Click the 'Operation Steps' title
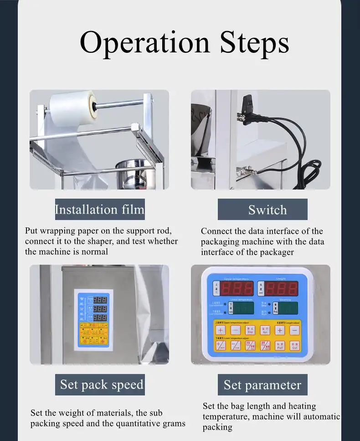click(184, 43)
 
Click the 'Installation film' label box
click(100, 210)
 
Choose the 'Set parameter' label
click(262, 385)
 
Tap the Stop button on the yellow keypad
click(250, 330)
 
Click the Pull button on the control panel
click(280, 346)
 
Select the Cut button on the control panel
click(294, 346)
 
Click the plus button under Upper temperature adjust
click(221, 330)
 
